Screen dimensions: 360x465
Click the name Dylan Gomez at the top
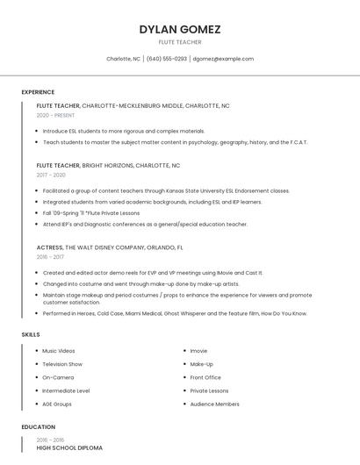(x=179, y=29)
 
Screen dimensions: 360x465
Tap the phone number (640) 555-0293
(x=167, y=59)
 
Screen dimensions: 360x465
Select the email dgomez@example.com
(x=223, y=59)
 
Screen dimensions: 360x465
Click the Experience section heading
(x=38, y=92)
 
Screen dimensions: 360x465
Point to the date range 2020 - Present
(x=55, y=115)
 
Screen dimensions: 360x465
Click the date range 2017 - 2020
(x=51, y=175)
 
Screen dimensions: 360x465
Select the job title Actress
(x=49, y=247)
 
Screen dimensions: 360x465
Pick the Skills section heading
(x=31, y=334)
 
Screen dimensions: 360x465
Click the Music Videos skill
(x=59, y=351)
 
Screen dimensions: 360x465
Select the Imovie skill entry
(x=198, y=351)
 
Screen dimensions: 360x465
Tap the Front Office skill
(x=205, y=377)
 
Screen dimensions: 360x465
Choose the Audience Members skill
(x=214, y=404)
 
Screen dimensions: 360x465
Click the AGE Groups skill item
(x=57, y=404)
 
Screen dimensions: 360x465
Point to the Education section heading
(x=38, y=427)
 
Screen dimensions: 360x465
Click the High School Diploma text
(x=69, y=447)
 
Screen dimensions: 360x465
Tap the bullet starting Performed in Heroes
(x=175, y=313)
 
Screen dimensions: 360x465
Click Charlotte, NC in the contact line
(x=123, y=59)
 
